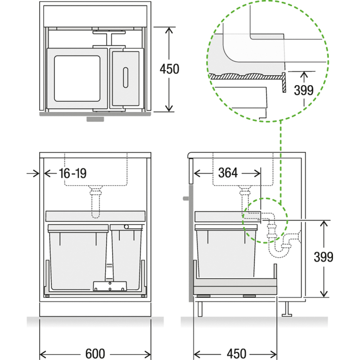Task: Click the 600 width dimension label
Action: coord(95,354)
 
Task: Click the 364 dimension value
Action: coord(228,173)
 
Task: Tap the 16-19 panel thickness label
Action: coord(72,173)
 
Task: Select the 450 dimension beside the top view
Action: coord(170,69)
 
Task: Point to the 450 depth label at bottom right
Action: coord(237,354)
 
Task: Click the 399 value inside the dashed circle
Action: coord(303,90)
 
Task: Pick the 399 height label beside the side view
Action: coord(323,257)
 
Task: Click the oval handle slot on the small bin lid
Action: coord(126,77)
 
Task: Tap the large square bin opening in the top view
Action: coord(77,78)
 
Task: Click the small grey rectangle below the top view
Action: coord(95,119)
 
